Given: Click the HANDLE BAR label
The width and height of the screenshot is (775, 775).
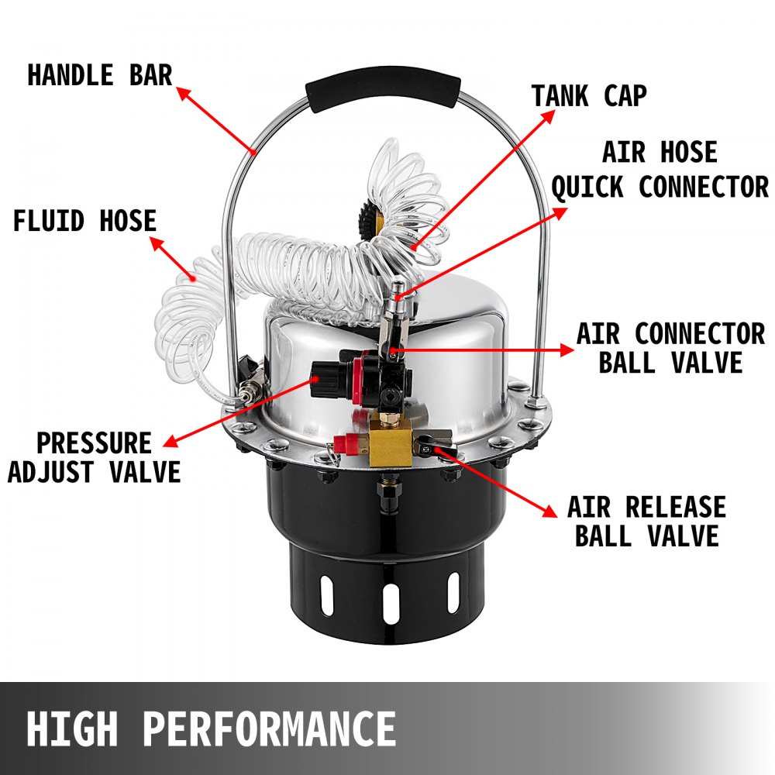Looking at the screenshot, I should coord(99,76).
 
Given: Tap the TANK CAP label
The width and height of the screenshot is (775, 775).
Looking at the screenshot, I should coord(589,96).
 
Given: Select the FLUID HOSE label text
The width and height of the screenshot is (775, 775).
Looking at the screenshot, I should coord(84,221).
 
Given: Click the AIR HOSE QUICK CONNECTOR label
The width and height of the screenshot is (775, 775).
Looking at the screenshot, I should coord(660,170).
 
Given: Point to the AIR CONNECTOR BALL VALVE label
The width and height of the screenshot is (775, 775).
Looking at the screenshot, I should coord(670,349).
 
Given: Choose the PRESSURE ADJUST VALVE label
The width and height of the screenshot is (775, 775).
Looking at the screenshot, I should coord(94,457).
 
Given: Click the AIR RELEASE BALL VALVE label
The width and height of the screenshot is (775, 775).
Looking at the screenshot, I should coord(646,522).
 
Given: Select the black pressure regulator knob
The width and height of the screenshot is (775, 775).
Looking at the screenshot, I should coord(324,379).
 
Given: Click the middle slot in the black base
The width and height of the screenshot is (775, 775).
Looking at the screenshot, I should coord(390,604).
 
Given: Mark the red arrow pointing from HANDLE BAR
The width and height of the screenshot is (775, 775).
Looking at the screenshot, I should coord(217,120).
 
